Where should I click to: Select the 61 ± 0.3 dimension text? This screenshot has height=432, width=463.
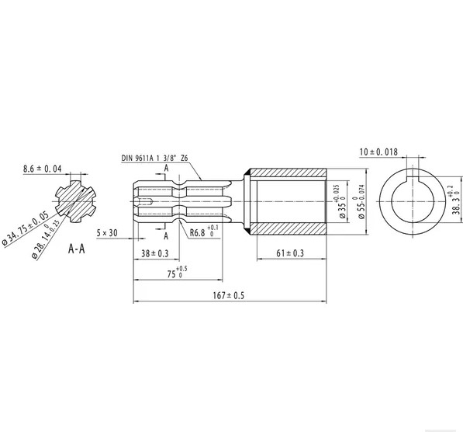click(289, 253)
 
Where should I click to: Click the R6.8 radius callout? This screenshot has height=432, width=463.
click(201, 232)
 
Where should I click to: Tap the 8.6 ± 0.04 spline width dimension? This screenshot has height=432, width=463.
click(42, 168)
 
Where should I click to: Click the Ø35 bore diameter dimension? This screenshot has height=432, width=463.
click(341, 203)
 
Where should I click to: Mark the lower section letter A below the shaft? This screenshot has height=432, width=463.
click(166, 237)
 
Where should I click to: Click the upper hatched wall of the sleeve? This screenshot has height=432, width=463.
click(289, 171)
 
